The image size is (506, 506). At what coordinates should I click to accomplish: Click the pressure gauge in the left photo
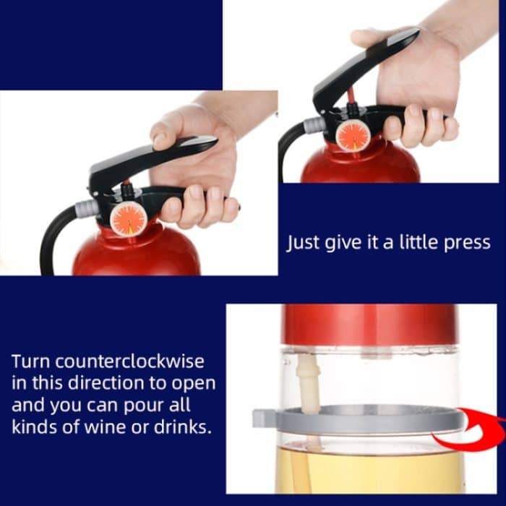pos(129,219)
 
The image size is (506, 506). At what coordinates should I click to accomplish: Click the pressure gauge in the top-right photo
pos(353,136)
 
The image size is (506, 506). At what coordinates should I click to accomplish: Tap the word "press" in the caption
pos(463,243)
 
